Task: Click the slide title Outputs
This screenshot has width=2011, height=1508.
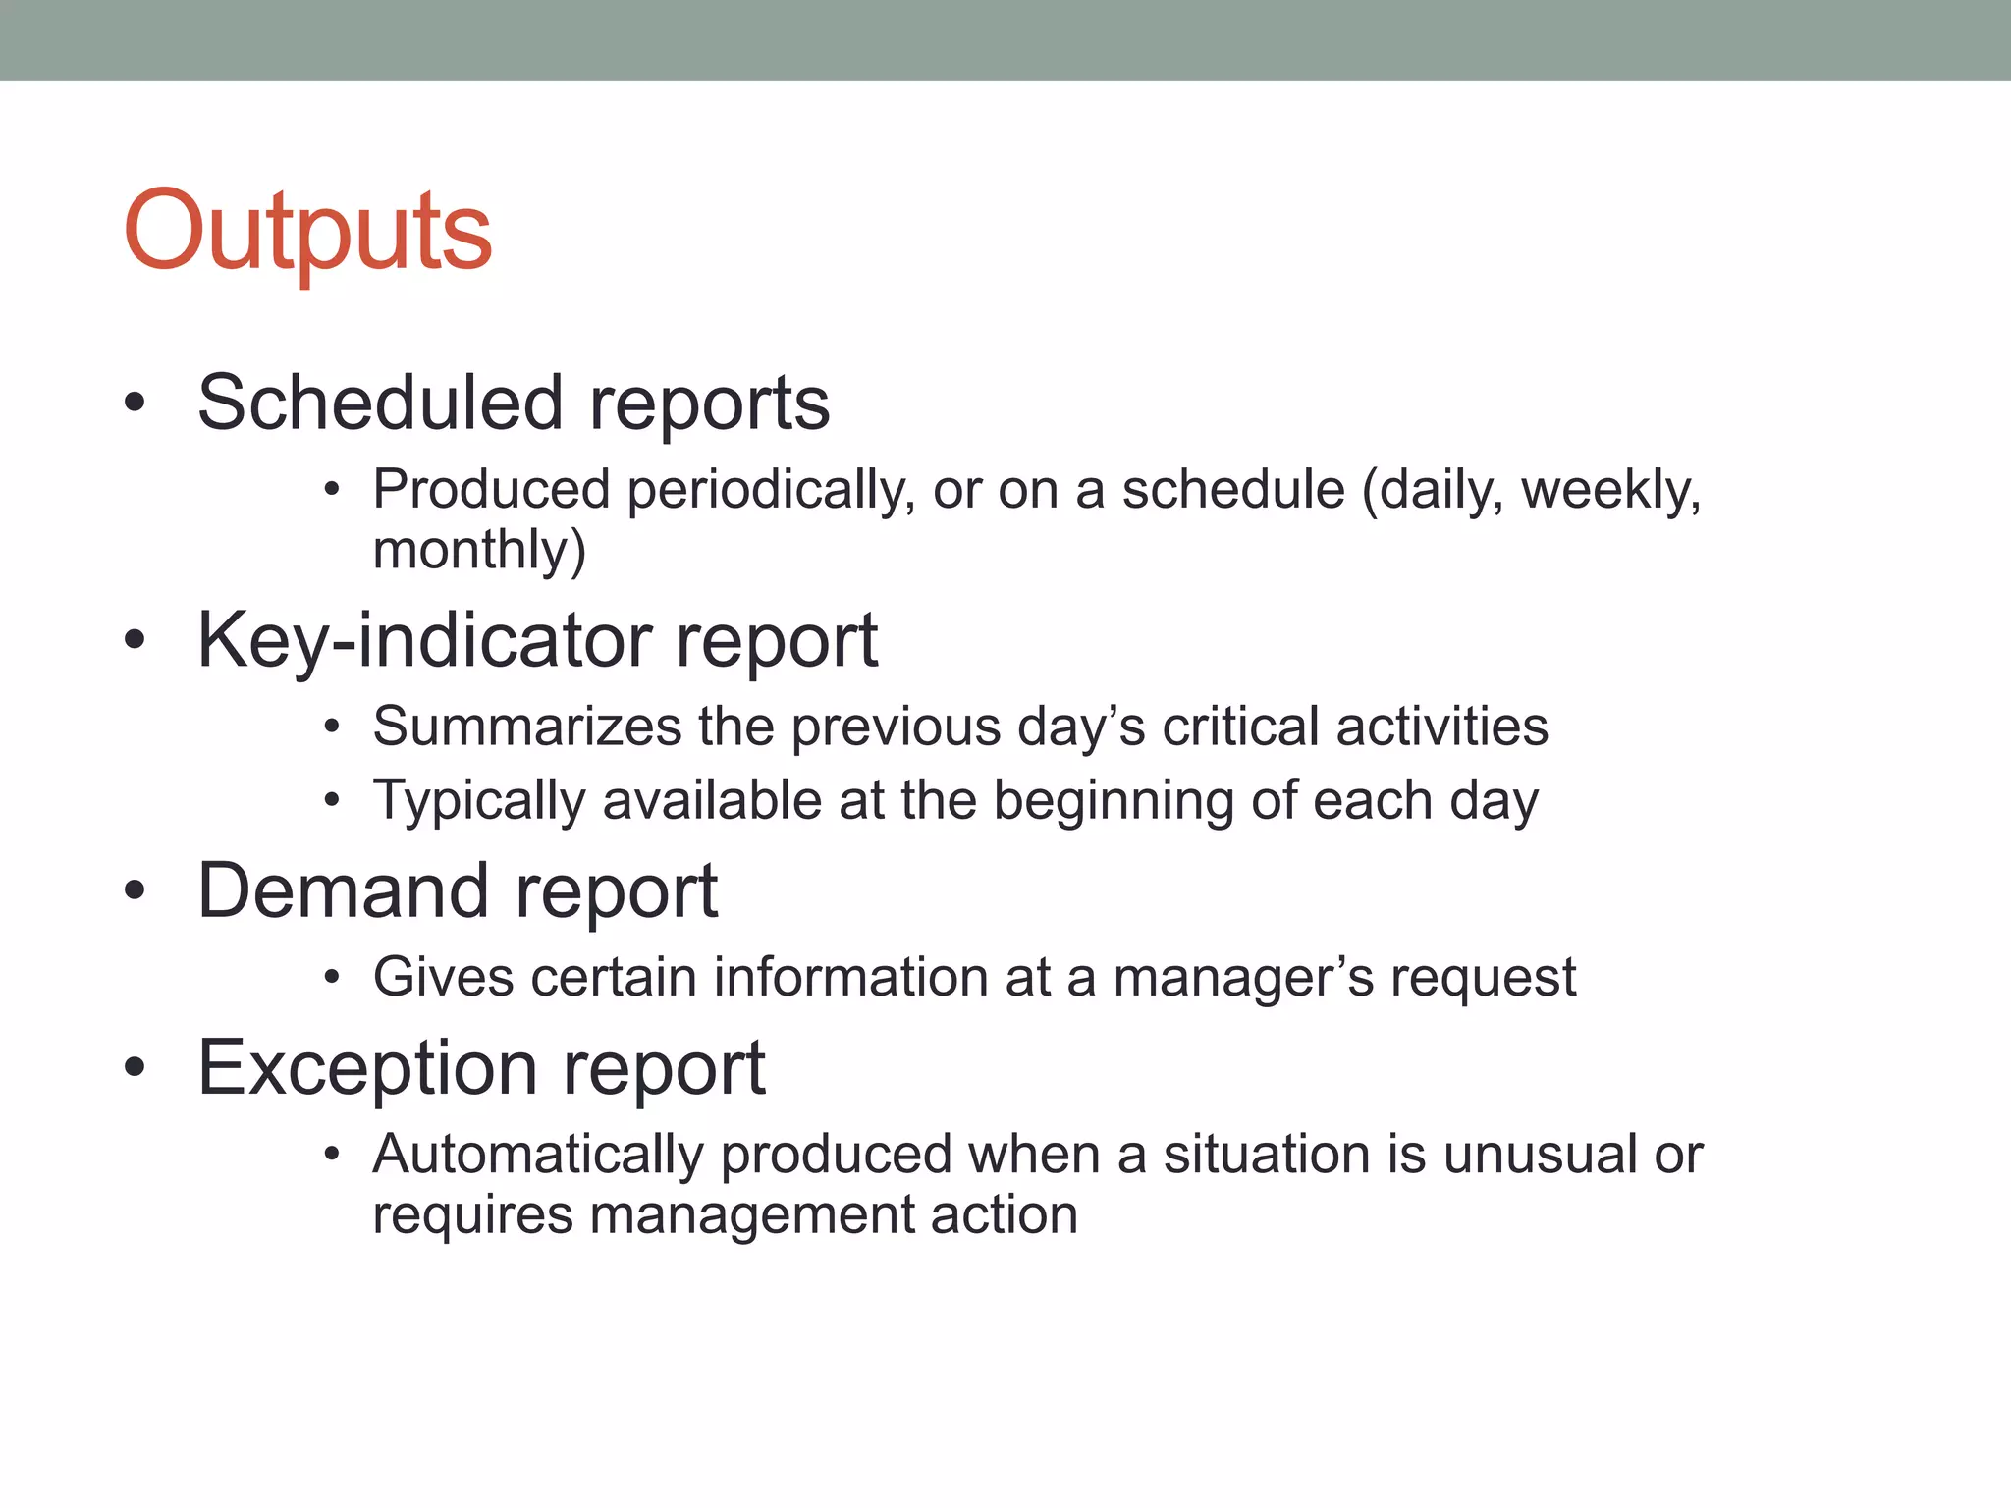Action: pos(307,232)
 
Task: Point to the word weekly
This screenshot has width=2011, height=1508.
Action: pos(1610,490)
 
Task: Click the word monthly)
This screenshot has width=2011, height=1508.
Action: pos(479,550)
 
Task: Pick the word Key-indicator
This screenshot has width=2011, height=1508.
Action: pos(424,640)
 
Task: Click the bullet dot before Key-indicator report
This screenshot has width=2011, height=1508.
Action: pos(136,640)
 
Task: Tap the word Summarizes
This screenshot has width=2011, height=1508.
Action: pos(527,727)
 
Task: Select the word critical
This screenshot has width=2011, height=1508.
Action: pos(1240,727)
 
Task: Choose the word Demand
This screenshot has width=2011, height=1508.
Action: pos(343,890)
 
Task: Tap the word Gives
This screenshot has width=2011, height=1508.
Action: pos(443,978)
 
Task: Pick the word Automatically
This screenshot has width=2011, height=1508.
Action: pos(538,1155)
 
